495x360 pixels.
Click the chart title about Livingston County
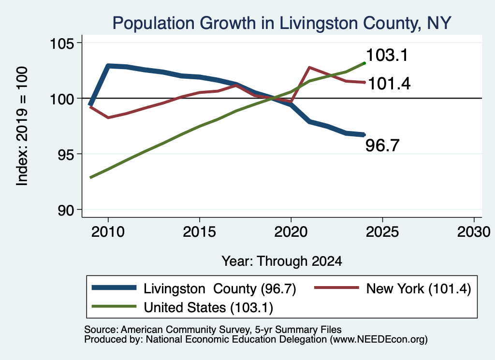(x=282, y=23)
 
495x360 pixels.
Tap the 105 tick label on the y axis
(x=62, y=43)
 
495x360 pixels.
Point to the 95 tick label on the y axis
(x=66, y=155)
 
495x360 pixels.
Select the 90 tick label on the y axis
(x=66, y=210)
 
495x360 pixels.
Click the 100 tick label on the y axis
(x=62, y=99)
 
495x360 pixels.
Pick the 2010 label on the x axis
(x=108, y=232)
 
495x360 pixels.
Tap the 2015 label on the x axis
(x=199, y=232)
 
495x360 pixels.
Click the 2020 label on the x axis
(x=291, y=232)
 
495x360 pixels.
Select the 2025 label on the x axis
(x=382, y=232)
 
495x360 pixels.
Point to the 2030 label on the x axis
(x=474, y=232)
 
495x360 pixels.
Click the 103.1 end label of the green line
(x=387, y=55)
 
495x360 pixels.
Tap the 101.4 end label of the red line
(x=389, y=84)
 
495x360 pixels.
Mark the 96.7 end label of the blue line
(x=382, y=145)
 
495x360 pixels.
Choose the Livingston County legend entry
(x=194, y=288)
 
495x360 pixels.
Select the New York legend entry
(x=393, y=288)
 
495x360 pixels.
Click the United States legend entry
(x=182, y=307)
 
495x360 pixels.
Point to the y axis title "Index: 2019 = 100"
(x=22, y=126)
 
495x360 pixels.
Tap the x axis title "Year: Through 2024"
(x=282, y=261)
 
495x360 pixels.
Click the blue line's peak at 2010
(x=108, y=66)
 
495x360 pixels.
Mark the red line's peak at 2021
(x=309, y=67)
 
